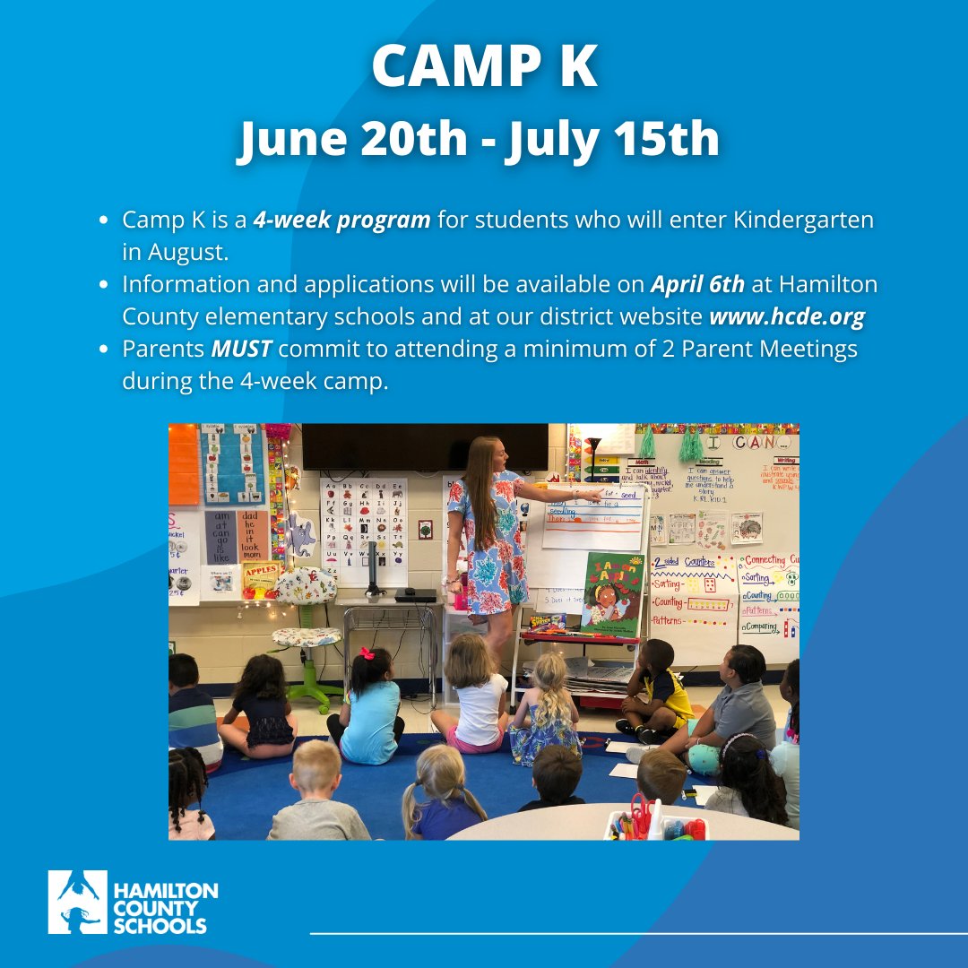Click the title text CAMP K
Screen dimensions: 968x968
(x=484, y=67)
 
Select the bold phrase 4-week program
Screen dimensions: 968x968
(x=341, y=220)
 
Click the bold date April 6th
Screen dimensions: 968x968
(x=697, y=284)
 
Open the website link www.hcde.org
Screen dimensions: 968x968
(x=787, y=316)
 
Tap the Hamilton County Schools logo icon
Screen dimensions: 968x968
(x=77, y=902)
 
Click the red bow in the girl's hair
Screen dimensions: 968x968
(x=367, y=653)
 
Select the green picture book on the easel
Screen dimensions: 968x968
(x=612, y=592)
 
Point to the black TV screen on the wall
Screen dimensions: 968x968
(x=424, y=445)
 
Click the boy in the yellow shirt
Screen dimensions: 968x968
(x=660, y=686)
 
